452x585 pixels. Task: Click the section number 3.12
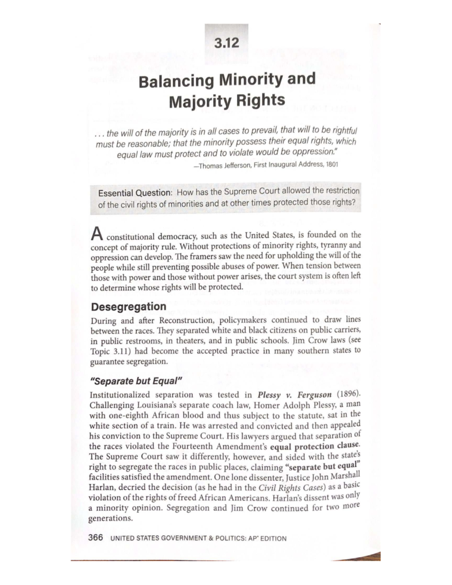click(x=226, y=43)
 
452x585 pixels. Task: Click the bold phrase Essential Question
click(x=134, y=193)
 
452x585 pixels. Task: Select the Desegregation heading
click(x=128, y=306)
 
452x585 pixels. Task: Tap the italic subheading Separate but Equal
click(x=136, y=381)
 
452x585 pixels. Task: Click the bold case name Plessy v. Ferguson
click(x=295, y=395)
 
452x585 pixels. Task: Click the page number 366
click(x=96, y=538)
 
